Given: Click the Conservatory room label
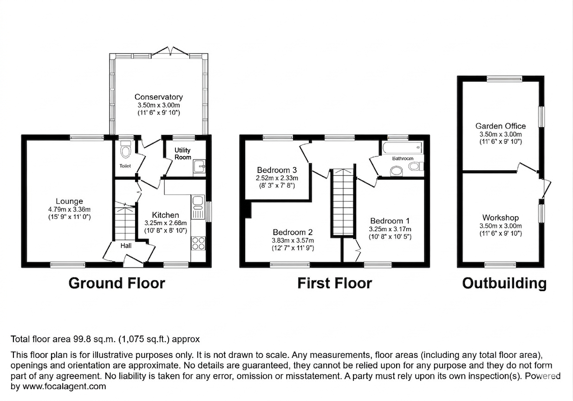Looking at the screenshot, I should coord(158,97).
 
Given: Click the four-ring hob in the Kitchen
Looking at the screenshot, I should coord(198,243).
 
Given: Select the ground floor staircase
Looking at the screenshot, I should coord(125,223).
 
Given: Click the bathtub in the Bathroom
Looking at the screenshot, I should coord(402,148).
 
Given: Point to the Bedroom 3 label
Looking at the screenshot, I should coord(277,169).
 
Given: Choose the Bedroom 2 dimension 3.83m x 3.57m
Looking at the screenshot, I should coord(293,240).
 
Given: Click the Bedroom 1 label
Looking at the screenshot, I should coord(390,221).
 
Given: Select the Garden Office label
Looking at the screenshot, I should coord(500,126).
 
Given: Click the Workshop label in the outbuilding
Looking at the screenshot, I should coord(500,218).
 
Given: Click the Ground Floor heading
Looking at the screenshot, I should coord(117,283).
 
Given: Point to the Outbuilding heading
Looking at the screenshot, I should coord(504,283).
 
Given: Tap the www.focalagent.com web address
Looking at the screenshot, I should coord(64,386).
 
